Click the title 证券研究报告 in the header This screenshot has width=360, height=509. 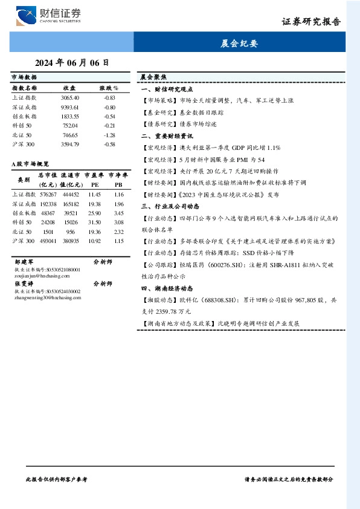[311, 21]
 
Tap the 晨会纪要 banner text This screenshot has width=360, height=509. [239, 44]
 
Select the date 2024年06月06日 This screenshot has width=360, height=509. [72, 62]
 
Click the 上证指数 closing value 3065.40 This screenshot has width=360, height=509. [70, 97]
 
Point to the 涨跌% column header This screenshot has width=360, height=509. [109, 88]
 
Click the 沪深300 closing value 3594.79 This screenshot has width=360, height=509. [70, 144]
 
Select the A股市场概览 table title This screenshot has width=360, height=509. [30, 163]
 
